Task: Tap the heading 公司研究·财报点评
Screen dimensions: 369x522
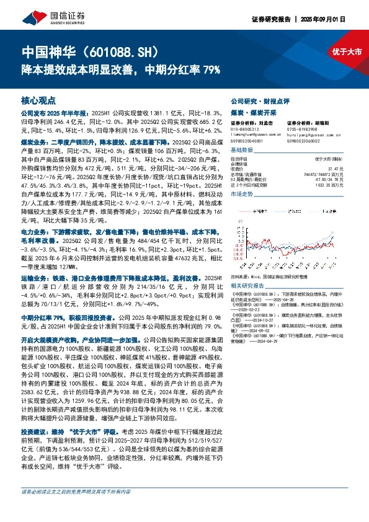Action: (x=256, y=100)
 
